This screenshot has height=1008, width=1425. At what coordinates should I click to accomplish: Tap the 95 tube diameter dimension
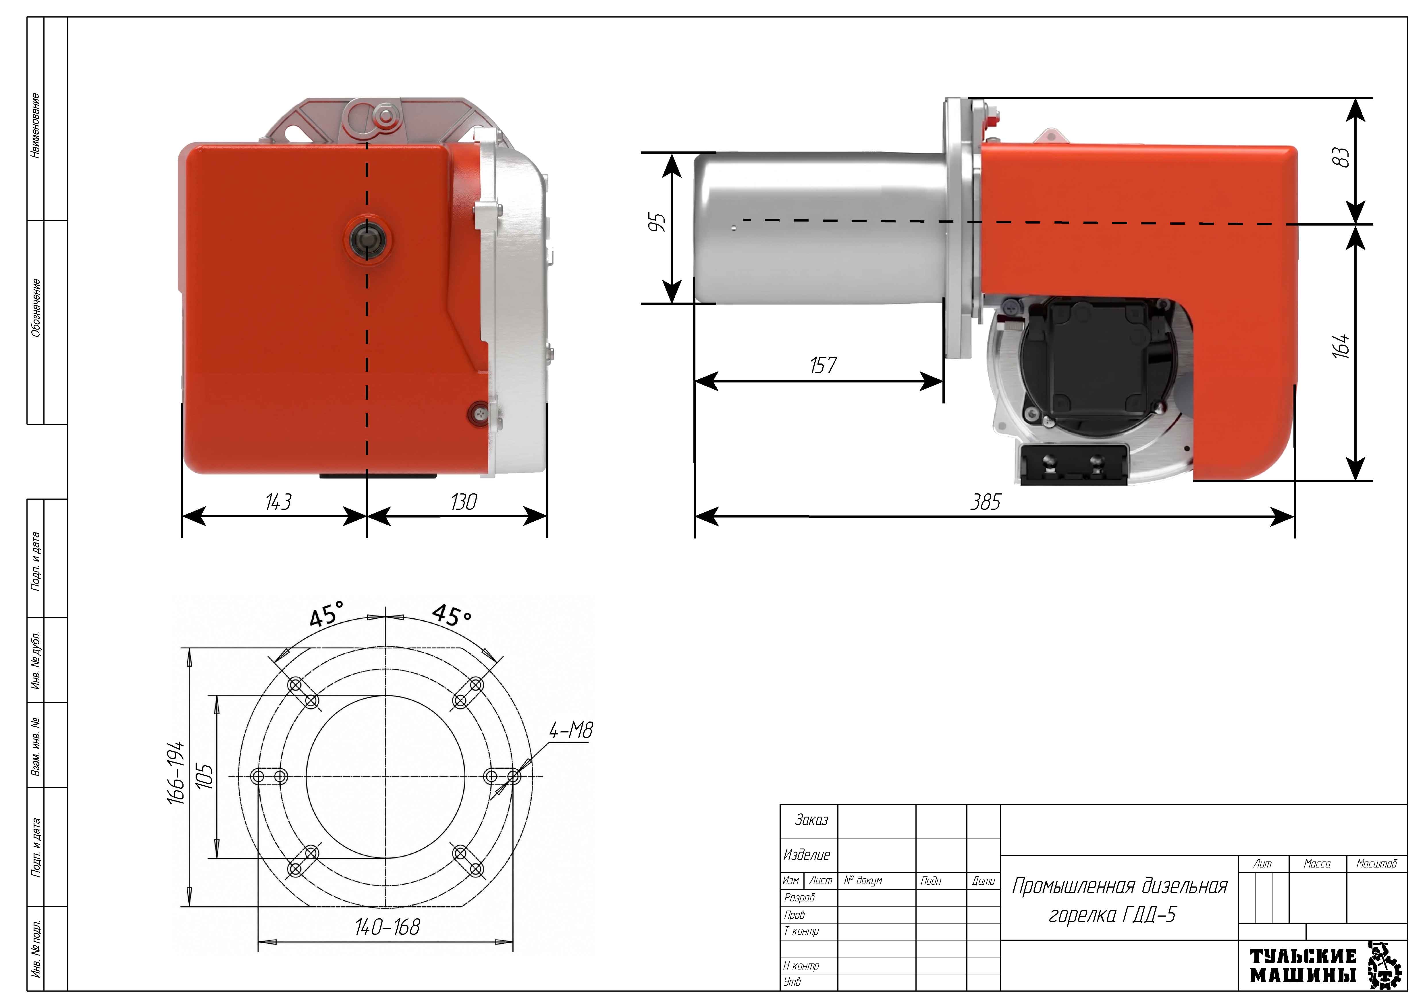[x=657, y=222]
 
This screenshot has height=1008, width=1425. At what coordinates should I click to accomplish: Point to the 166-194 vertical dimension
[x=176, y=773]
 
